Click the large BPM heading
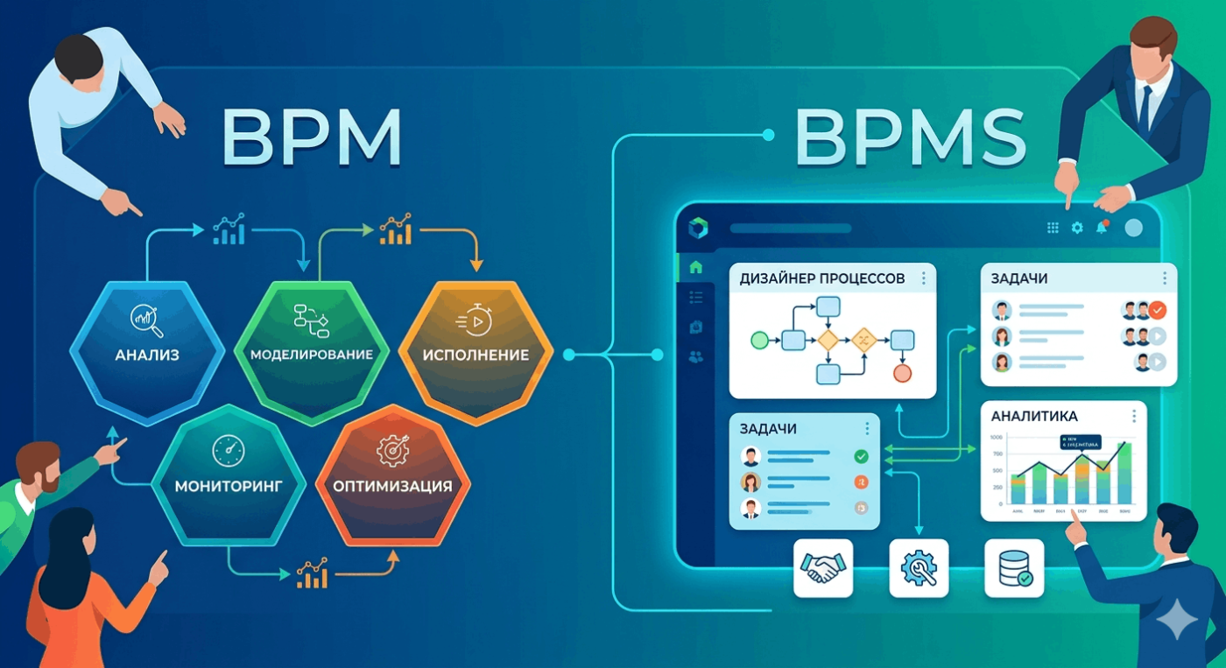click(x=311, y=137)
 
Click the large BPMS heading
click(x=910, y=137)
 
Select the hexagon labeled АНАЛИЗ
click(x=146, y=350)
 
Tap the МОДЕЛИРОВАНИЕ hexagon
click(x=311, y=350)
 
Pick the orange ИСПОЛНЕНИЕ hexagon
click(x=476, y=350)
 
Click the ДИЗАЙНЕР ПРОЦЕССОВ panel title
click(x=821, y=278)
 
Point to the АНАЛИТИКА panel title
click(x=1034, y=415)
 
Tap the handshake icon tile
click(x=822, y=568)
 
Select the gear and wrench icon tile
click(x=919, y=568)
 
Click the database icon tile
click(x=1014, y=568)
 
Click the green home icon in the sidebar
click(x=696, y=268)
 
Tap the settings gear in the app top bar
click(x=1077, y=228)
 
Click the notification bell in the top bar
click(x=1103, y=227)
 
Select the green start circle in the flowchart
click(x=758, y=340)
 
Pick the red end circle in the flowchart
click(x=902, y=373)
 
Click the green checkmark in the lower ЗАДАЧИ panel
click(x=861, y=456)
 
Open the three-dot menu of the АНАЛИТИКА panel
click(x=1133, y=415)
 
